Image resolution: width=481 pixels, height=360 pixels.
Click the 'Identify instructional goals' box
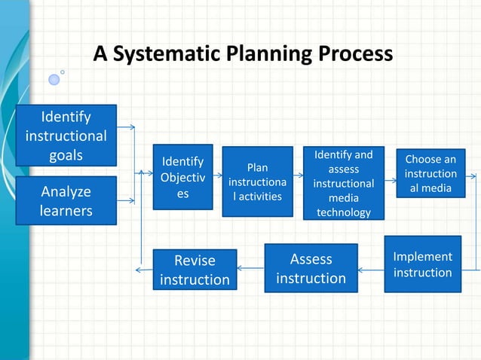point(66,136)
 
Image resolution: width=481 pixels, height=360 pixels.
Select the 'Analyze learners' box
point(66,200)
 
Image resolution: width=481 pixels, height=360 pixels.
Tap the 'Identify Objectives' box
point(183,178)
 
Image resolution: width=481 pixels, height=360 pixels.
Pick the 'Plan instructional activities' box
point(256,181)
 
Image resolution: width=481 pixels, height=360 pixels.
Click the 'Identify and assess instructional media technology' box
point(343,184)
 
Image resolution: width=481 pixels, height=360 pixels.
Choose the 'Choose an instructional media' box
point(430,173)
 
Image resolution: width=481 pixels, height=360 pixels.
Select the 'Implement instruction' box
point(422,264)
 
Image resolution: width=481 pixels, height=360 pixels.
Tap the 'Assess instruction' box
point(311,268)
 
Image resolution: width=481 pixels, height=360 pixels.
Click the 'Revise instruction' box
point(195,270)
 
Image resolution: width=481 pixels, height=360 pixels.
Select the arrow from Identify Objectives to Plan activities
point(217,180)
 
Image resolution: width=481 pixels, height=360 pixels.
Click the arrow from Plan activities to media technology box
point(298,180)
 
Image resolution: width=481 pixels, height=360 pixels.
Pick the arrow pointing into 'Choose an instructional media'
point(391,180)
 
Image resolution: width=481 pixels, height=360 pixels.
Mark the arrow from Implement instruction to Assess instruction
point(371,268)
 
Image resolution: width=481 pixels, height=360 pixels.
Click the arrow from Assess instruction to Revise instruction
point(250,268)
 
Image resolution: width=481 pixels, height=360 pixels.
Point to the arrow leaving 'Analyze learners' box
point(127,200)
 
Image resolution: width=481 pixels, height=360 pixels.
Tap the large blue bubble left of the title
point(54,79)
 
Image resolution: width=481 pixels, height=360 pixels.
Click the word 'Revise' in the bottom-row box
point(195,261)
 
